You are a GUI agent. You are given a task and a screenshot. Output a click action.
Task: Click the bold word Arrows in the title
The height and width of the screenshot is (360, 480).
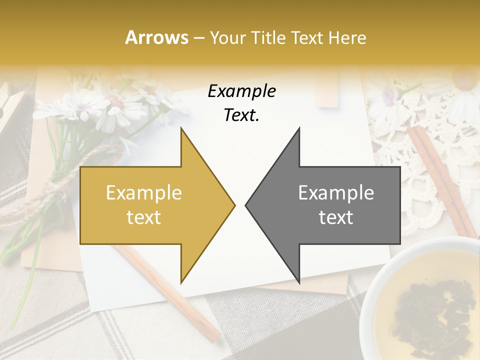coord(157,37)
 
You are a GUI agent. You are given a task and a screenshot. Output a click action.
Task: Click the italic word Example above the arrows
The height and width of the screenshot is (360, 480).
coord(241,91)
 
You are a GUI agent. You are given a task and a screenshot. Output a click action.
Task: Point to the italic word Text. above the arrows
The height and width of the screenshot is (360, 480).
coord(241,115)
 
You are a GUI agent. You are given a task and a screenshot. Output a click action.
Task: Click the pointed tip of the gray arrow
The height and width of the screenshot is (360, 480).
coord(247,205)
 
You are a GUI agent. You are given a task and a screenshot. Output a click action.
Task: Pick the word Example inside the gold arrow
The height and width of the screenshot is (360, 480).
coord(144,192)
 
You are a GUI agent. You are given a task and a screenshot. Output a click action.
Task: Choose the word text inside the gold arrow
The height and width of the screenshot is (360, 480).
coord(144,217)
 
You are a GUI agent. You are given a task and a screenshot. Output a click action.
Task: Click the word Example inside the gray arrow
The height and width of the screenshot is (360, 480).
coord(336,192)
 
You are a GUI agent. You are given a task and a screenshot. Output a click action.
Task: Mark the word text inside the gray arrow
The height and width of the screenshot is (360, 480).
coord(336,217)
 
